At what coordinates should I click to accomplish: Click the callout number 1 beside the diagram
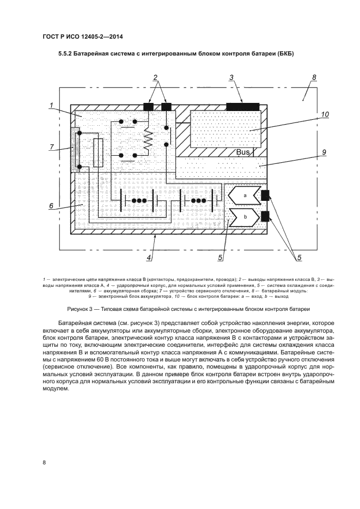coord(50,105)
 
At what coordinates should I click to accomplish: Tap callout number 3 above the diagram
coord(231,78)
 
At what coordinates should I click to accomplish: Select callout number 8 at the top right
coord(314,78)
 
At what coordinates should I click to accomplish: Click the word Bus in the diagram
coord(243,152)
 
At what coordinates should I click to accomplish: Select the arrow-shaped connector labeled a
coord(245,194)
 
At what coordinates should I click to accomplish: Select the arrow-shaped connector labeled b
coord(245,216)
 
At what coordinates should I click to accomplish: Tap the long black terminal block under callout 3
coord(242,106)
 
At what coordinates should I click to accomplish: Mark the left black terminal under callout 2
coord(148,107)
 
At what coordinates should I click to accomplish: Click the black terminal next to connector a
coord(266,195)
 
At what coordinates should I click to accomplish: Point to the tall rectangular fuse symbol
coord(99,153)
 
